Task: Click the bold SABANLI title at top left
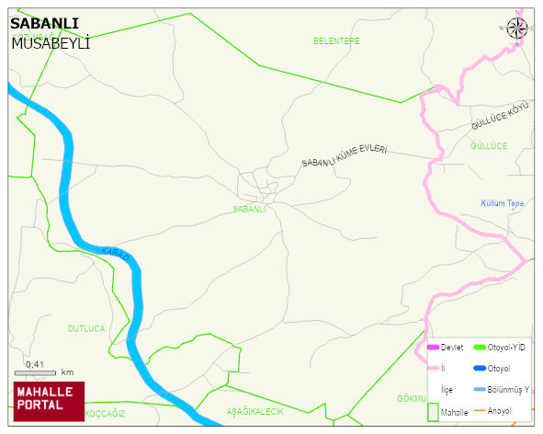coord(44,24)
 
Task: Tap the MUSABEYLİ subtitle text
coord(51,42)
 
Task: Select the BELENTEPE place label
coord(336,41)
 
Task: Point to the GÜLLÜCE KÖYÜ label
coord(501,115)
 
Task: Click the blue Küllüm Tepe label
coord(502,203)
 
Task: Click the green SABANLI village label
coord(249,209)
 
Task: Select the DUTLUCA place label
coord(86,328)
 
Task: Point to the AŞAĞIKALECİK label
coord(255,412)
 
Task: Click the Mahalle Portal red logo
coord(48,400)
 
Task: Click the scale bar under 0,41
coord(36,373)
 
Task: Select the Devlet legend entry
coord(445,348)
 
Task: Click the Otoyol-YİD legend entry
coord(500,348)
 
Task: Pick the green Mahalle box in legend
coord(434,413)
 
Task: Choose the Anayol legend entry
coord(500,410)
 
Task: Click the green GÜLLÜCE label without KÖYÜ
coord(488,146)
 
